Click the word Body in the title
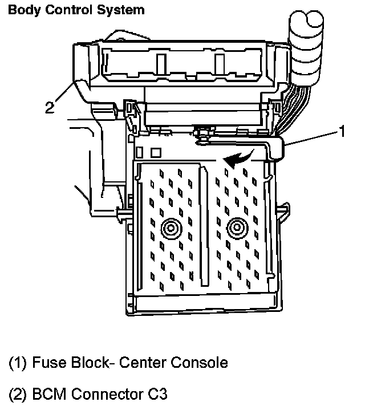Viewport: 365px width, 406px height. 25,11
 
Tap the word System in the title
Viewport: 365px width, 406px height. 121,11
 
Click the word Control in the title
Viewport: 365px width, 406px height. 68,10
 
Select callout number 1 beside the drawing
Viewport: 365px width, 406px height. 342,131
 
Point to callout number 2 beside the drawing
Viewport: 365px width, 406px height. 50,107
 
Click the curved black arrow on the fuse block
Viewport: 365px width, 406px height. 239,158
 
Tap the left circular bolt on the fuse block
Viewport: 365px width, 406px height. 171,228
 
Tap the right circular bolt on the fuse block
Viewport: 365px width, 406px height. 237,228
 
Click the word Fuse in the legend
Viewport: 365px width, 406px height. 49,363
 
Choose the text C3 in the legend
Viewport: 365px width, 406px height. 157,394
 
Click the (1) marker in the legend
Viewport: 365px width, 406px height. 18,363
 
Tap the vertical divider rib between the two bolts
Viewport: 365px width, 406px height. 204,225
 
